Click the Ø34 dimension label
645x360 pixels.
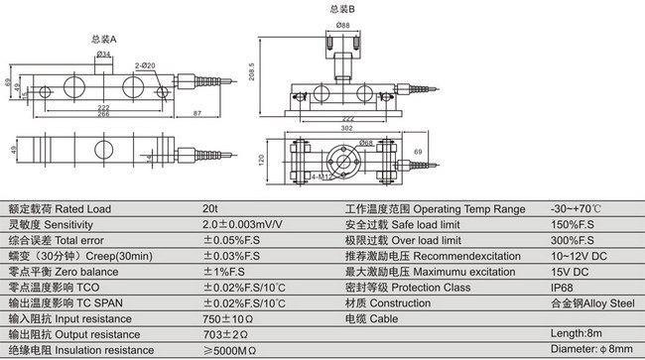(x=103, y=54)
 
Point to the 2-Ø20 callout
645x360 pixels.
(x=145, y=65)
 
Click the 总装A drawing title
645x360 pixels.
(x=103, y=39)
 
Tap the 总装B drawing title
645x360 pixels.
(x=342, y=9)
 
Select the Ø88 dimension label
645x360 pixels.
(x=343, y=25)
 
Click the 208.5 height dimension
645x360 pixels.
(x=252, y=71)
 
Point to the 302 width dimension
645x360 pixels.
(x=346, y=128)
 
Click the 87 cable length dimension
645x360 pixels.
(x=197, y=113)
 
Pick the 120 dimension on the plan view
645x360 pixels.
(x=261, y=161)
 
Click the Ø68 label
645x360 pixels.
(x=366, y=143)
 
